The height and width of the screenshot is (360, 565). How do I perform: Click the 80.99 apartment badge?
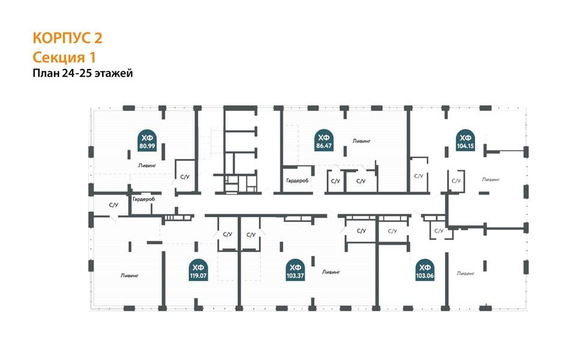pos(147,141)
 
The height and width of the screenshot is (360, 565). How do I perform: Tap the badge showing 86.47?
pos(323,141)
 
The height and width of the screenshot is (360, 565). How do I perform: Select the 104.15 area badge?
pos(465,141)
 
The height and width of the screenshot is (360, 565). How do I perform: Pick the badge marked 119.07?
pos(198,271)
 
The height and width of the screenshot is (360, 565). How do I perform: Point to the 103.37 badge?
pos(295,271)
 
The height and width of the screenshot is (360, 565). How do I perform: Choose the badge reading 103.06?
pos(425,271)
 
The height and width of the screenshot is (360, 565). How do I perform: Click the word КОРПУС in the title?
pos(61,38)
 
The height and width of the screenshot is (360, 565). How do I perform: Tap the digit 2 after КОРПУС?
pos(98,38)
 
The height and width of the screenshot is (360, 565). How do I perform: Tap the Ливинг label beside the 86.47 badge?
pos(361,141)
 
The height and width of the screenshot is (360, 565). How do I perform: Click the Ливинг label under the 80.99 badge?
pos(147,166)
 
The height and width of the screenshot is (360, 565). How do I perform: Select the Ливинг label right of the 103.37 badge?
pos(331,272)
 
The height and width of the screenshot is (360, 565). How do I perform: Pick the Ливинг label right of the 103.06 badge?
pos(466,274)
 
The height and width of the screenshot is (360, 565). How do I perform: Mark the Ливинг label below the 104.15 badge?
pos(491,179)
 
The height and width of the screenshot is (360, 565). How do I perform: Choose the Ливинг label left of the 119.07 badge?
pos(130,276)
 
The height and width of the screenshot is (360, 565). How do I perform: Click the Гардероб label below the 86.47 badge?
pos(297,181)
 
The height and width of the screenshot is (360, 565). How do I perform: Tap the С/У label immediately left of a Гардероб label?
pos(113,205)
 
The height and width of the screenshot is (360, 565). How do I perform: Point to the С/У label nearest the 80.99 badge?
pos(185,177)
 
